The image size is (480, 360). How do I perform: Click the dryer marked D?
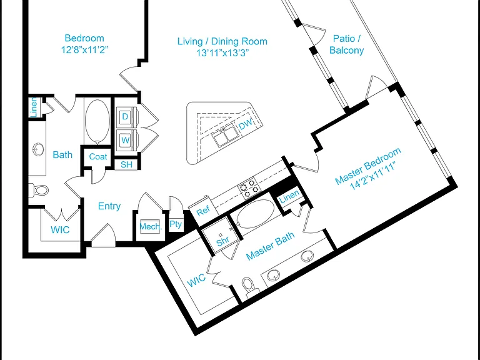[126, 117]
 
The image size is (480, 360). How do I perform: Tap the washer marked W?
[126, 140]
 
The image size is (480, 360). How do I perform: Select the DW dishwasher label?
[246, 124]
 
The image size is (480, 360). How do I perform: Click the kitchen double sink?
[224, 137]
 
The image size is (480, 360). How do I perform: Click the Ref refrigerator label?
[203, 211]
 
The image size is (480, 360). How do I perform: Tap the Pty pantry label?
[176, 224]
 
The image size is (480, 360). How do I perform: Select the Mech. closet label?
[151, 226]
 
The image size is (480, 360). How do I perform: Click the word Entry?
[109, 206]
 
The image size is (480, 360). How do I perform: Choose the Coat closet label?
[98, 157]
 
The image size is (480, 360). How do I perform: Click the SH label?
[126, 165]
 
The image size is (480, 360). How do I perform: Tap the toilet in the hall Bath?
[39, 191]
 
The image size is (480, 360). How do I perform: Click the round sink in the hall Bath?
[38, 150]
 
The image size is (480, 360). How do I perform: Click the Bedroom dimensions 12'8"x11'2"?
[85, 49]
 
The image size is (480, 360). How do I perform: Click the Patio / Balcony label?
[346, 44]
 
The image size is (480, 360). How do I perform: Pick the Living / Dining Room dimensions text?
[222, 53]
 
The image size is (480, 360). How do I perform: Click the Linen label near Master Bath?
[289, 196]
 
